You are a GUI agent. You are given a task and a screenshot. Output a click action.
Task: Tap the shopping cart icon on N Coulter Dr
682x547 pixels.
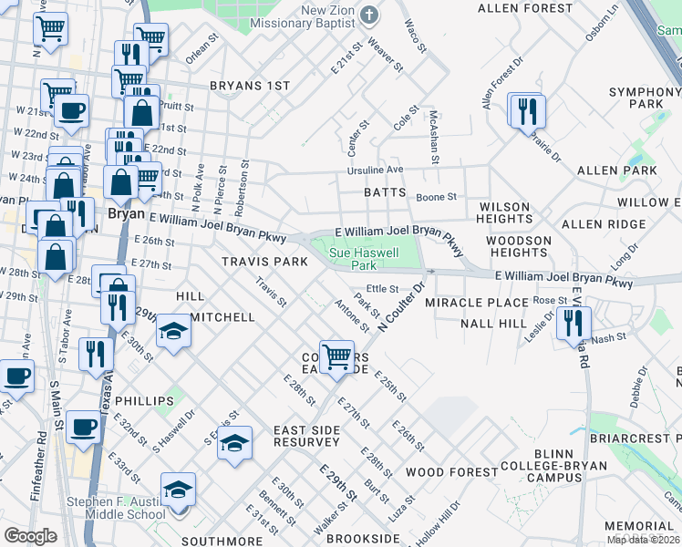337,357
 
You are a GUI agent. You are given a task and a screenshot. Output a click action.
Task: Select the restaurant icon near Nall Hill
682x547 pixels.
573,323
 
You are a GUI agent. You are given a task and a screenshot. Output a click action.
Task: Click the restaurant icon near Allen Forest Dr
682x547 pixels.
528,111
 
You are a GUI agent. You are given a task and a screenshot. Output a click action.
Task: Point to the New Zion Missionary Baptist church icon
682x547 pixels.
369,15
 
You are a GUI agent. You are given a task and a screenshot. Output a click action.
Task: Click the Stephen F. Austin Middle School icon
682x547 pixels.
178,490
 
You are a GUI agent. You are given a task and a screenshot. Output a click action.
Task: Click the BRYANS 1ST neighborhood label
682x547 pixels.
249,86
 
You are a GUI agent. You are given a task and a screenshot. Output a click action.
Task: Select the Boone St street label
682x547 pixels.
436,197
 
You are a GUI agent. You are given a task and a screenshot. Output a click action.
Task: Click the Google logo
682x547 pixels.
30,536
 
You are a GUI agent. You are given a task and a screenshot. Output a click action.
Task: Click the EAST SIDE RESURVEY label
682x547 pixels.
306,436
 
